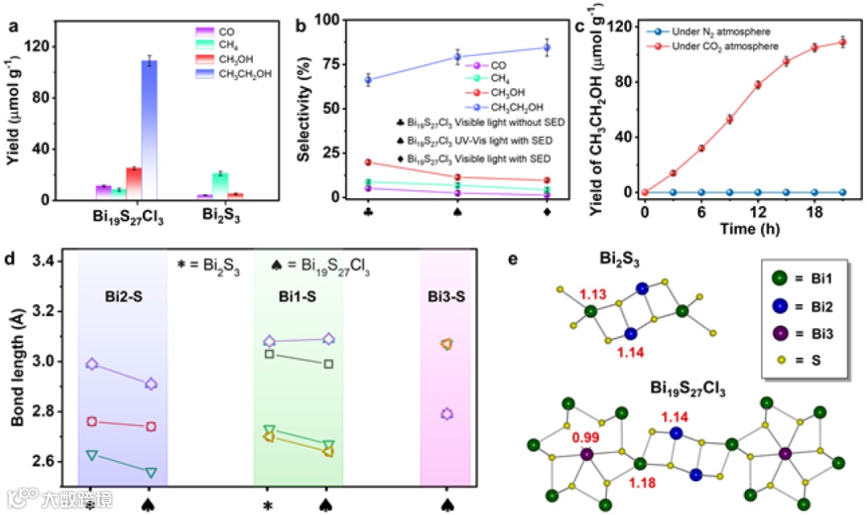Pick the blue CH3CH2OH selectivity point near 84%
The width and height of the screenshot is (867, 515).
547,47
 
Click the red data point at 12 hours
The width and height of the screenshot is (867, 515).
758,84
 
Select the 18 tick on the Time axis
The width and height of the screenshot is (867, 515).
815,211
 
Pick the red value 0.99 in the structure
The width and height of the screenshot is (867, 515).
584,438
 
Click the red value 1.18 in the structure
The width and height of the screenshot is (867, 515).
642,482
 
